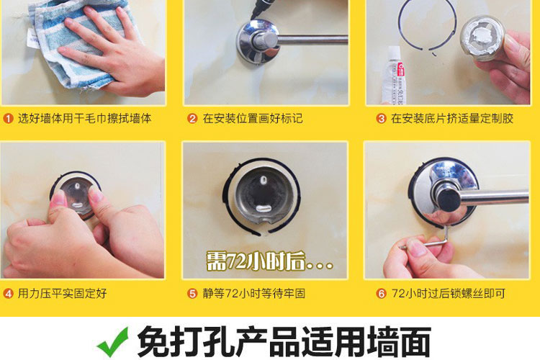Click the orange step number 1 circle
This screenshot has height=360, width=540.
(x=8, y=119)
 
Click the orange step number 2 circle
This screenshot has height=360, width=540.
(x=192, y=119)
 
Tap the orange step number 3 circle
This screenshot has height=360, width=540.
(x=381, y=119)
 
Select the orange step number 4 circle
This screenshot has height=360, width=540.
(x=8, y=294)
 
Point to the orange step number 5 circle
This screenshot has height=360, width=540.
(x=192, y=294)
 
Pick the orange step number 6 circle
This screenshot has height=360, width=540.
(x=381, y=294)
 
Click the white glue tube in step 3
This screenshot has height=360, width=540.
(x=395, y=76)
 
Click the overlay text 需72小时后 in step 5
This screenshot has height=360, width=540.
(x=269, y=261)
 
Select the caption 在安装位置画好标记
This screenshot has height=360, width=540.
(x=253, y=119)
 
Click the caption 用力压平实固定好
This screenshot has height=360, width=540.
(x=63, y=294)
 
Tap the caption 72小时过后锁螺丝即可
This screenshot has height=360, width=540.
(x=449, y=294)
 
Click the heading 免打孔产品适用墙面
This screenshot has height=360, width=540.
(x=284, y=341)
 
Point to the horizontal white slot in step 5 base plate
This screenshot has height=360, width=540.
(x=264, y=208)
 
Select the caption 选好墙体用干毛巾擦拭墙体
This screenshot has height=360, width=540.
(x=85, y=119)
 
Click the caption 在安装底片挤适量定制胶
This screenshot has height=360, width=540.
(x=452, y=119)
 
